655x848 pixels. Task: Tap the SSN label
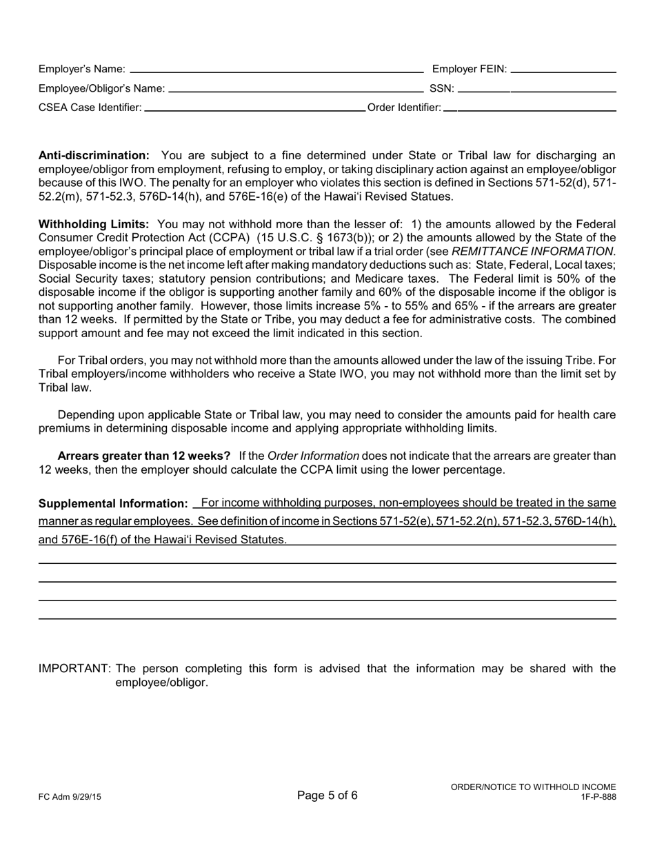pyautogui.click(x=441, y=88)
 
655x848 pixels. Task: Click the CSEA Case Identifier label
pyautogui.click(x=90, y=108)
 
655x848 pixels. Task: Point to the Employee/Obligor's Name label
pyautogui.click(x=101, y=88)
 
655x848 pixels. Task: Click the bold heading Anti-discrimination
pyautogui.click(x=94, y=156)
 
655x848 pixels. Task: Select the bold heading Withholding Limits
pyautogui.click(x=94, y=224)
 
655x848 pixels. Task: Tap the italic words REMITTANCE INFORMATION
pyautogui.click(x=532, y=252)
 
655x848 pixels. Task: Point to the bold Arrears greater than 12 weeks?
pyautogui.click(x=144, y=456)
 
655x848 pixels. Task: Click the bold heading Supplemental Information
pyautogui.click(x=113, y=504)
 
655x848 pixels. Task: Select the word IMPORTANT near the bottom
pyautogui.click(x=74, y=669)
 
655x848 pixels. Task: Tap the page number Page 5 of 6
pyautogui.click(x=327, y=796)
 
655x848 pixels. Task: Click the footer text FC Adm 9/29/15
pyautogui.click(x=70, y=797)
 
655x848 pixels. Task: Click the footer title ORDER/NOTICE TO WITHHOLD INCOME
pyautogui.click(x=533, y=787)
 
